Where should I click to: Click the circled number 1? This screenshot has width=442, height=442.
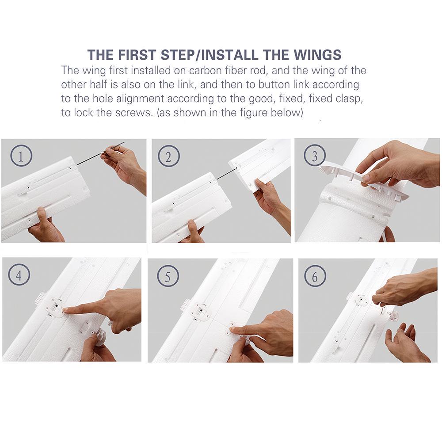point(21,156)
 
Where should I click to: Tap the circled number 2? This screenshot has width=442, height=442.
point(168,156)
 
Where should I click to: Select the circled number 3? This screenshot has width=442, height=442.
point(315,156)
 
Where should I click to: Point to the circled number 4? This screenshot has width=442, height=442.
point(19,275)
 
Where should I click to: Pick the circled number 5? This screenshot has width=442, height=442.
point(168,276)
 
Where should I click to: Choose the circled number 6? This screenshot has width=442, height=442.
point(315,276)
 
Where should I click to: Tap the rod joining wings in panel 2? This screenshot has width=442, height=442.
point(225,175)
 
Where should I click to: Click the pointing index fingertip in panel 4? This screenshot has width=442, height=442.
point(65,310)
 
